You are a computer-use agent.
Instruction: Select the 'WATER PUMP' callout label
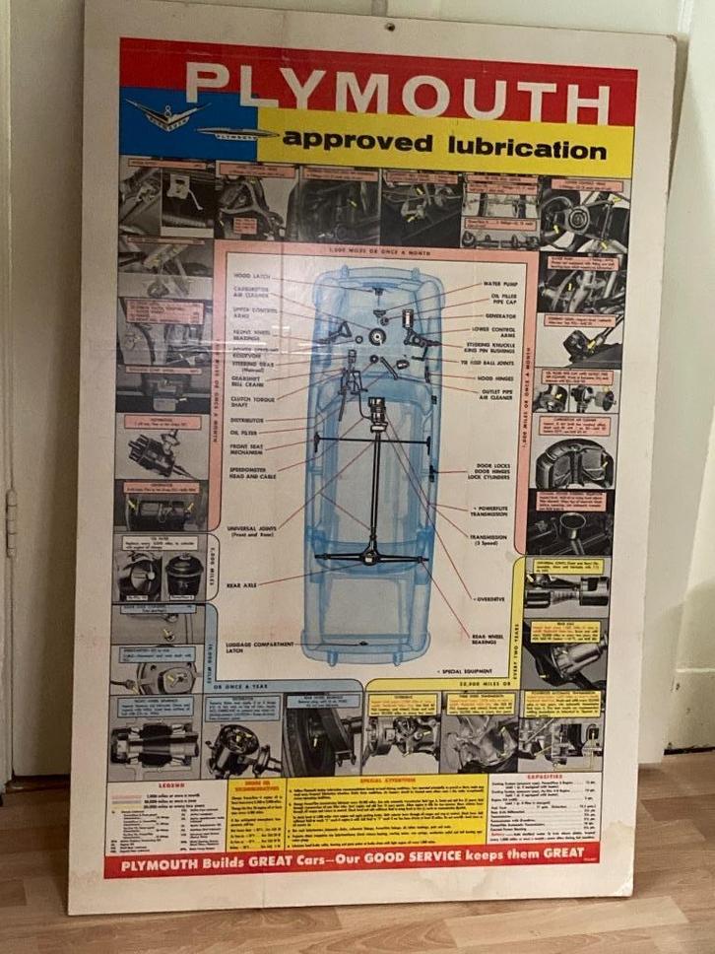click(504, 284)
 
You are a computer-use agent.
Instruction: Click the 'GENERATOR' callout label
click(502, 316)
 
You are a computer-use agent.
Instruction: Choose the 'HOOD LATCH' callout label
click(252, 276)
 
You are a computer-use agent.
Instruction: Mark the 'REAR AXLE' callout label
click(242, 584)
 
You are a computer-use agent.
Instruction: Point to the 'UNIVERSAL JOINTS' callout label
click(252, 530)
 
